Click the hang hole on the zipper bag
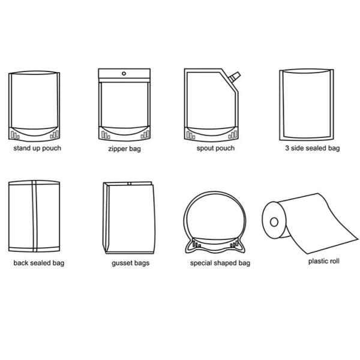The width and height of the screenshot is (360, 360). pyautogui.click(x=124, y=74)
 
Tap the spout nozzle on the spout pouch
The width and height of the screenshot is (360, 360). pyautogui.click(x=234, y=77)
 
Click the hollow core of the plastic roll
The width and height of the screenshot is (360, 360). pyautogui.click(x=274, y=222)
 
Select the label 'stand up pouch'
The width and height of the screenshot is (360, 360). pyautogui.click(x=37, y=148)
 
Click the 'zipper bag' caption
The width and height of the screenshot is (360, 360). pyautogui.click(x=124, y=149)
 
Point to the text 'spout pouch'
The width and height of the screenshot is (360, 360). pyautogui.click(x=215, y=148)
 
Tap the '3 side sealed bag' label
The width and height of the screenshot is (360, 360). pyautogui.click(x=313, y=148)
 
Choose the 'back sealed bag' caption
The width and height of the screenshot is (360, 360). pyautogui.click(x=39, y=263)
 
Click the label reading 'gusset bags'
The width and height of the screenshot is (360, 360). pyautogui.click(x=130, y=263)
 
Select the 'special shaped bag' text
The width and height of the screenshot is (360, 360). pyautogui.click(x=220, y=263)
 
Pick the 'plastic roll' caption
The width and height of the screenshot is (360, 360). pyautogui.click(x=324, y=261)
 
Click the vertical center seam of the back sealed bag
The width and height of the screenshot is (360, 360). pyautogui.click(x=34, y=216)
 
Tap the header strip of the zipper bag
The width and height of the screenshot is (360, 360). pyautogui.click(x=124, y=73)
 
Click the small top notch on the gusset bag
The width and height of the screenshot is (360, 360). pyautogui.click(x=129, y=184)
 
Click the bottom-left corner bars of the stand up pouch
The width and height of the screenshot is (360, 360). pyautogui.click(x=15, y=136)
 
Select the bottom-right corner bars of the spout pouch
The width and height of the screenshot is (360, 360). pyautogui.click(x=233, y=135)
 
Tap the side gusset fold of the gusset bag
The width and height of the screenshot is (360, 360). pyautogui.click(x=106, y=217)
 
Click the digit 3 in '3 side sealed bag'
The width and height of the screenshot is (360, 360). pyautogui.click(x=287, y=148)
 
